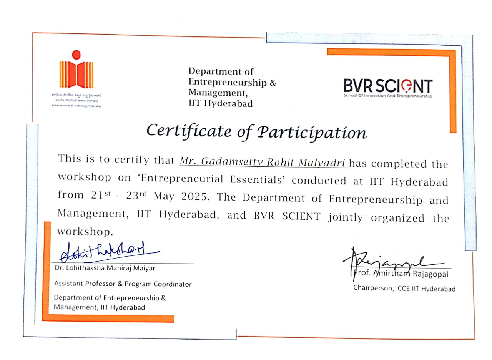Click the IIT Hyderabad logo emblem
[x=76, y=71]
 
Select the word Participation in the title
[x=311, y=133]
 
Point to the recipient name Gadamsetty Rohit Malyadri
[x=264, y=162]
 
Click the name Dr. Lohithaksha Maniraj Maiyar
[x=105, y=268]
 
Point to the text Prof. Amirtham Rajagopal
[x=400, y=274]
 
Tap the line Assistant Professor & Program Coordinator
[x=123, y=284]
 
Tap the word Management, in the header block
[x=217, y=93]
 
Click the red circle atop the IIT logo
[x=76, y=54]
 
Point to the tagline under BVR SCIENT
[x=387, y=96]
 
